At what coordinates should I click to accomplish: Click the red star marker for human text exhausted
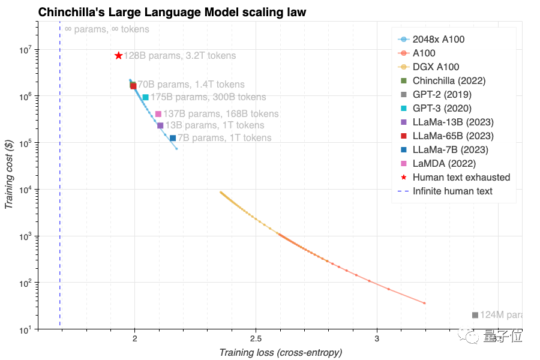pyautogui.click(x=119, y=56)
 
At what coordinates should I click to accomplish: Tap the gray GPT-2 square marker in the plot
pyautogui.click(x=475, y=315)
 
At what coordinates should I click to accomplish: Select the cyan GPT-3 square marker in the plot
pyautogui.click(x=146, y=97)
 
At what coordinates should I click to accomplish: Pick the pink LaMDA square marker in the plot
pyautogui.click(x=158, y=114)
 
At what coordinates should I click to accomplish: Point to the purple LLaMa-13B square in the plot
pyautogui.click(x=160, y=125)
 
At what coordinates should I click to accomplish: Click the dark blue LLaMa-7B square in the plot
pyautogui.click(x=173, y=138)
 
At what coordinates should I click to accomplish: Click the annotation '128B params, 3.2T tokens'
pyautogui.click(x=181, y=56)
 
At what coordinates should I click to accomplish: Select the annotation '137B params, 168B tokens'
pyautogui.click(x=221, y=114)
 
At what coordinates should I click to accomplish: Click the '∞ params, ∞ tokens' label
pyautogui.click(x=107, y=29)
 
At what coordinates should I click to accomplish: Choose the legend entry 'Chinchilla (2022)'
pyautogui.click(x=449, y=80)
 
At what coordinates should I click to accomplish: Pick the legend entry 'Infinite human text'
pyautogui.click(x=452, y=191)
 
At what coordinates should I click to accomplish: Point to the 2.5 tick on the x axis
pyautogui.click(x=256, y=338)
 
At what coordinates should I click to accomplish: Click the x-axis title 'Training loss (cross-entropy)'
pyautogui.click(x=281, y=352)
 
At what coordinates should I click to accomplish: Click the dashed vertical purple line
pyautogui.click(x=60, y=180)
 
